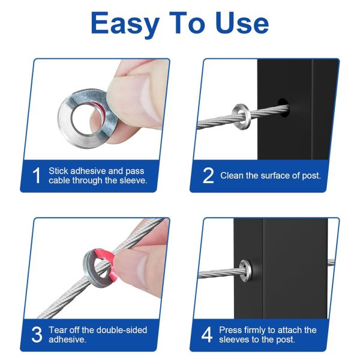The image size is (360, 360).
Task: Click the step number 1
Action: [36, 175]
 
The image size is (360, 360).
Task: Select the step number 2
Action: [208, 175]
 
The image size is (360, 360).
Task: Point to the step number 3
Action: [36, 334]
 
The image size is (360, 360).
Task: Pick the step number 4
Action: [207, 334]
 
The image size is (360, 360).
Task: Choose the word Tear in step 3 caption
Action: [58, 329]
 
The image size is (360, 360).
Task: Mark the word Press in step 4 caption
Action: [231, 329]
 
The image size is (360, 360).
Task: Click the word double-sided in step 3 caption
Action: [120, 329]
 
